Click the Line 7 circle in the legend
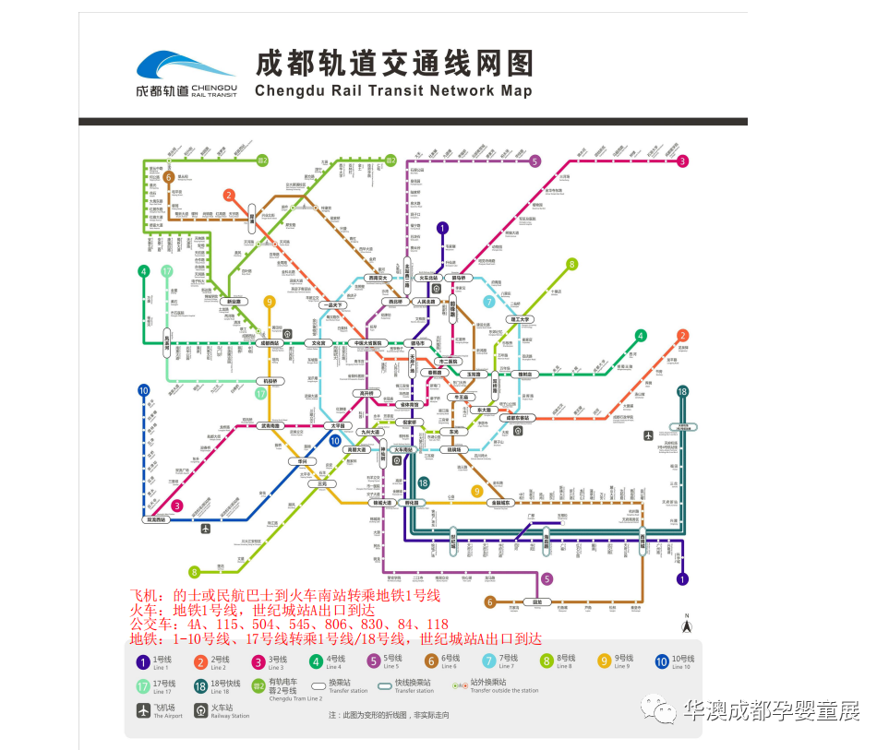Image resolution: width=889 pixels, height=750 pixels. [489, 661]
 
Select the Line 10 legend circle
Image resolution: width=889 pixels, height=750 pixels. [662, 661]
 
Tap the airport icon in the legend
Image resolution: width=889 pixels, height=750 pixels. [143, 711]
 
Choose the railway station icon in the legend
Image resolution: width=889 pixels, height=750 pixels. [201, 711]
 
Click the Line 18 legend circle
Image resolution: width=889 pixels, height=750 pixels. [201, 686]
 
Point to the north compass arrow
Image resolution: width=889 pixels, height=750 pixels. [687, 626]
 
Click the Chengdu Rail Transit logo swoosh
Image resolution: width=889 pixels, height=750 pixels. [186, 66]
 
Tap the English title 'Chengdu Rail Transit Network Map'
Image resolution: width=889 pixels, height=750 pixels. [392, 91]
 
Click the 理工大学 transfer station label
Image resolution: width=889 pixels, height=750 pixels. [519, 320]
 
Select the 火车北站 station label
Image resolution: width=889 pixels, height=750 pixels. [427, 277]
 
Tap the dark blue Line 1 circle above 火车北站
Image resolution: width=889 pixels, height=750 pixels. [442, 228]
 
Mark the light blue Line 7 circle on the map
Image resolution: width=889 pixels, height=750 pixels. [489, 301]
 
